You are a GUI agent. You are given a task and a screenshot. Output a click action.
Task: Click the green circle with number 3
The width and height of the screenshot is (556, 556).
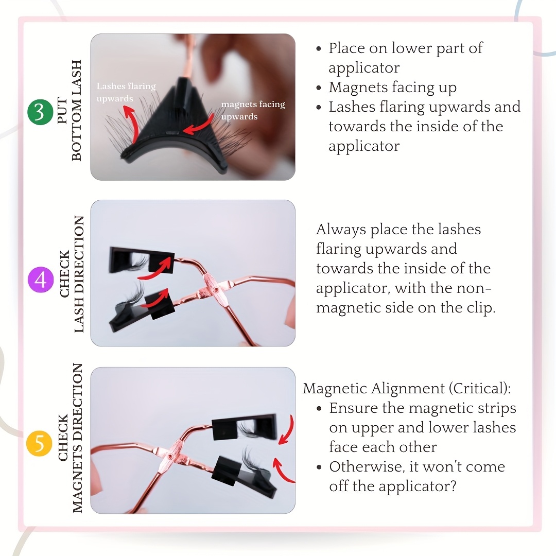[x=40, y=112]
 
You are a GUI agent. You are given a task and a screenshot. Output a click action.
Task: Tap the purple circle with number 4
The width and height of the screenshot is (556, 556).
[x=41, y=280]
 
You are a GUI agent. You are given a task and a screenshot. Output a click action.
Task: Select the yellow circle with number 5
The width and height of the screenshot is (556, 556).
[x=39, y=444]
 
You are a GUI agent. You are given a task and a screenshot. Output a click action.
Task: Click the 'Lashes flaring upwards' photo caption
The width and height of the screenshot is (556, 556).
[x=126, y=92]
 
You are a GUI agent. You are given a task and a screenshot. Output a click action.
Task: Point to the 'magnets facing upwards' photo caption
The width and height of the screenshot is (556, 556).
[x=253, y=110]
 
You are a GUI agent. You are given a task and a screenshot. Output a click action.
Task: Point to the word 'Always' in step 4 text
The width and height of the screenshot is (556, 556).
[x=341, y=230]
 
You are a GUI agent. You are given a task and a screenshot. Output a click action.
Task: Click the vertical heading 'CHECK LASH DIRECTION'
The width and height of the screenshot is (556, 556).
[x=71, y=274]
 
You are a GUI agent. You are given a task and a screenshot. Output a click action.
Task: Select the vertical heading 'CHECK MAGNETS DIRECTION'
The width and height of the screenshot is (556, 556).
[x=70, y=438]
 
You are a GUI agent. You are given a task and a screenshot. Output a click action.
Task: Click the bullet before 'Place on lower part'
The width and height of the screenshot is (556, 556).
[x=319, y=49]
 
